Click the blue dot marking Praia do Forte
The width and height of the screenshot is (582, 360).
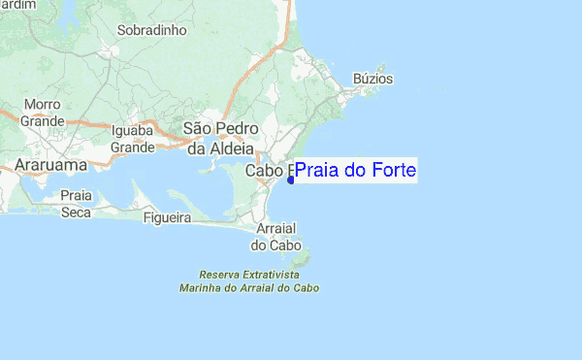tap(291, 180)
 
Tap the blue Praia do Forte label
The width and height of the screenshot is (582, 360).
tap(355, 171)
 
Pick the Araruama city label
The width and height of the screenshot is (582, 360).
tap(50, 166)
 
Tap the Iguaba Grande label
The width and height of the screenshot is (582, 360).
tap(133, 140)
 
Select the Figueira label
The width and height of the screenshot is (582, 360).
tap(167, 218)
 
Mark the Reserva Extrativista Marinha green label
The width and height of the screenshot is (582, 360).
tap(249, 281)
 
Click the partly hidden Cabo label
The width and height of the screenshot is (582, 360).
tap(268, 171)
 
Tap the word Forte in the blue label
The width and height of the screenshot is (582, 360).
tap(392, 171)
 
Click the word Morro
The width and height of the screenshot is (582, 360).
tap(43, 104)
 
